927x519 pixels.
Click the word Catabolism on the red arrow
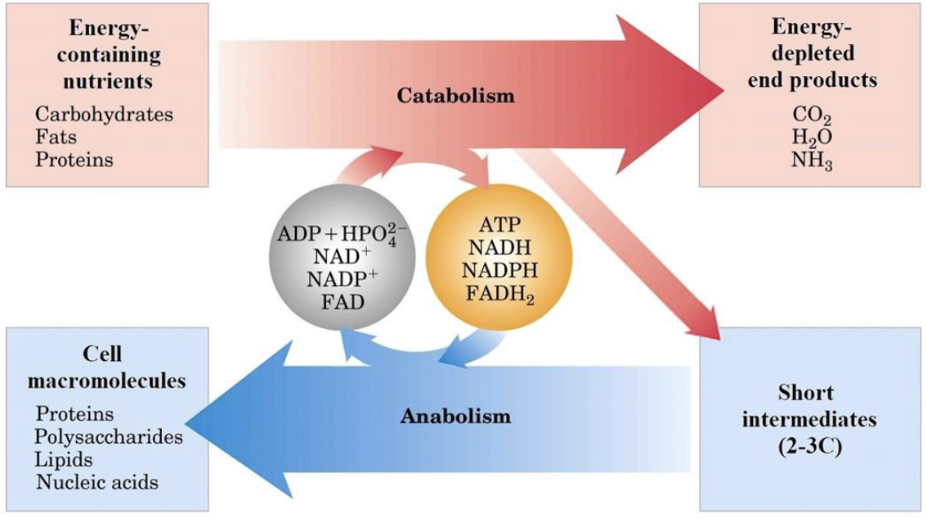(455, 96)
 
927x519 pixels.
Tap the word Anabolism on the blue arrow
(455, 416)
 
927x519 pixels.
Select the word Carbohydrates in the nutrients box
(104, 115)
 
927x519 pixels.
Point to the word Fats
(56, 138)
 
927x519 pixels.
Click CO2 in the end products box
(812, 115)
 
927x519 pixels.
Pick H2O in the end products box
(812, 138)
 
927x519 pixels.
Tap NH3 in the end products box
(812, 160)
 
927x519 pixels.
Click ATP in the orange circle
(499, 225)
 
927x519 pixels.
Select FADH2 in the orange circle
(499, 294)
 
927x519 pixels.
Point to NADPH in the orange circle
(499, 270)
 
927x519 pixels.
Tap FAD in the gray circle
(343, 302)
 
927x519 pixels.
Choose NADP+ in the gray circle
(343, 278)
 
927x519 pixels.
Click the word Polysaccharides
(109, 437)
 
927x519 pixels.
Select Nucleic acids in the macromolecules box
(97, 482)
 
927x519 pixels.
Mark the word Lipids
(63, 460)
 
